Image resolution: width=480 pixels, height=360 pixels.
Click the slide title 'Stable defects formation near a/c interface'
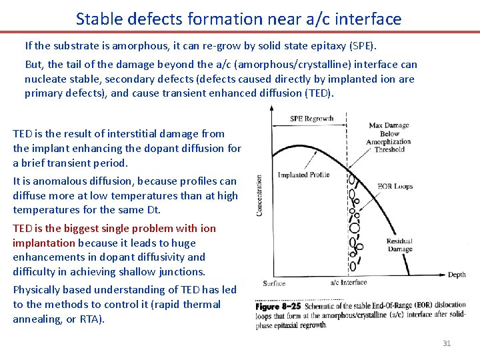[239, 18]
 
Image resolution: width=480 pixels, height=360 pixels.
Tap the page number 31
[447, 343]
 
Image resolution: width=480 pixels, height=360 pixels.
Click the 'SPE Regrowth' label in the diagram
[311, 119]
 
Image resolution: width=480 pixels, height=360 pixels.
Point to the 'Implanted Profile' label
[303, 175]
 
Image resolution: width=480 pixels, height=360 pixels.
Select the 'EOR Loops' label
[394, 187]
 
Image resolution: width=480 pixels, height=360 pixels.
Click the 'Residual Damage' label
[399, 245]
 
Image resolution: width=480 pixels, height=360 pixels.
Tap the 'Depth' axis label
[457, 275]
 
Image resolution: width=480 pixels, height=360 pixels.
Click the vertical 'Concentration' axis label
[259, 195]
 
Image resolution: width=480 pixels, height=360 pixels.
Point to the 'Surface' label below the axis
[274, 283]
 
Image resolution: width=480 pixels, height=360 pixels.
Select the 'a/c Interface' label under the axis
[349, 283]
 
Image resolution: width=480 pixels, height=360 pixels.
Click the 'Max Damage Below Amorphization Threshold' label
[389, 137]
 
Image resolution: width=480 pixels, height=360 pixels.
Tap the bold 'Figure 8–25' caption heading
[278, 306]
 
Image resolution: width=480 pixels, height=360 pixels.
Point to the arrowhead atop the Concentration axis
[271, 113]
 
